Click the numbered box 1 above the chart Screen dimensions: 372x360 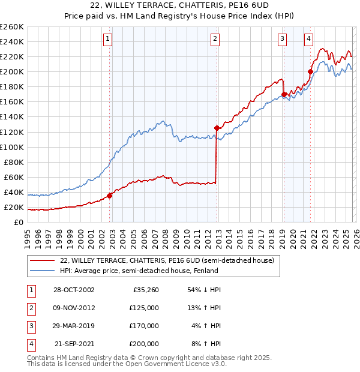[108, 40]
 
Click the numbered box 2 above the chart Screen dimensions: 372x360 [215, 40]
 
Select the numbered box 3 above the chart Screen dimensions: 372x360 [282, 40]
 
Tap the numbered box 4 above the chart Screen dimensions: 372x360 [308, 40]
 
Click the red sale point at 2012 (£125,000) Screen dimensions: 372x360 [217, 128]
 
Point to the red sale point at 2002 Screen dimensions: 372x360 [110, 195]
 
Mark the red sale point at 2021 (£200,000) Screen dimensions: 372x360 [310, 71]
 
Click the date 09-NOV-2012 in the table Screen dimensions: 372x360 [74, 308]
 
